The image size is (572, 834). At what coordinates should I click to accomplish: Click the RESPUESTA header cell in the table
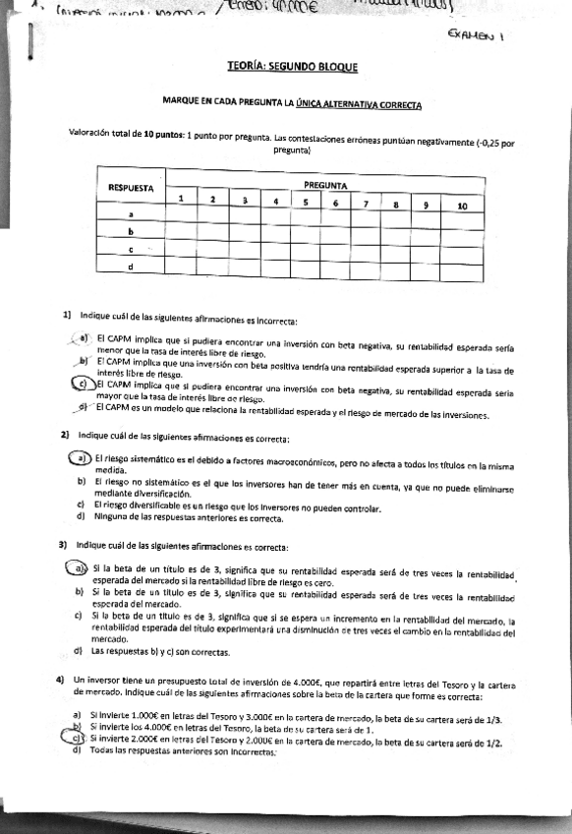tap(131, 186)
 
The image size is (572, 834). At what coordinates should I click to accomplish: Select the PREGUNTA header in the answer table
tap(323, 184)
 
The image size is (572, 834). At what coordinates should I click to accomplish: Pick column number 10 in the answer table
tap(462, 206)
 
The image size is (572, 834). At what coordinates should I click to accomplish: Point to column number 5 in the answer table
tap(306, 204)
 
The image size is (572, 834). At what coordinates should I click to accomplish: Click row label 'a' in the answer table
tap(131, 214)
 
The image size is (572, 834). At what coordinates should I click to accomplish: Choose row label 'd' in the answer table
tap(131, 266)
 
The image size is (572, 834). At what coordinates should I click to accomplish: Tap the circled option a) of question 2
tap(79, 459)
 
